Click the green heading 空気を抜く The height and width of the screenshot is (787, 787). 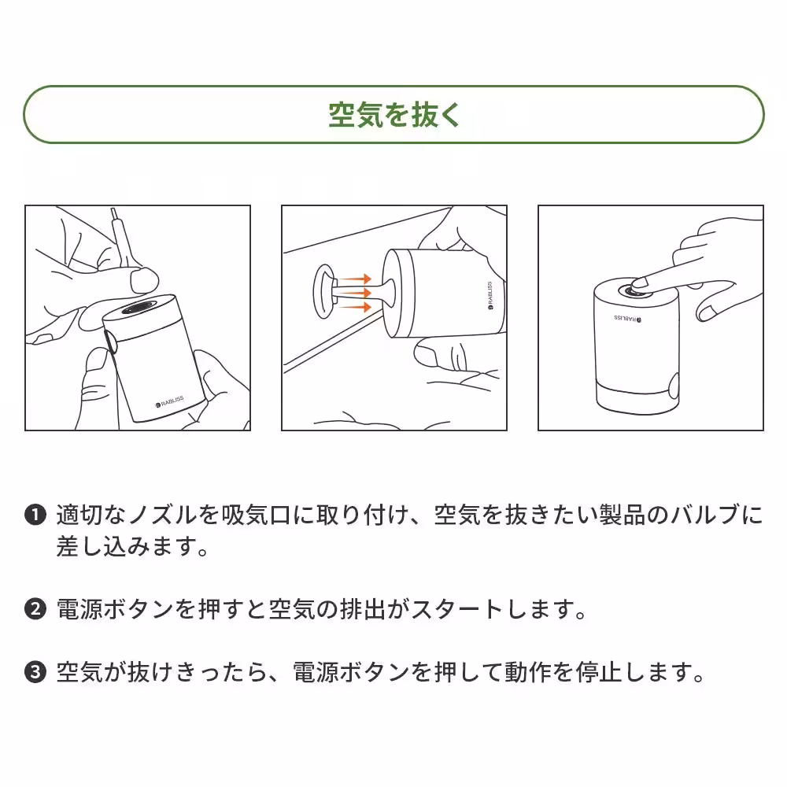(x=393, y=115)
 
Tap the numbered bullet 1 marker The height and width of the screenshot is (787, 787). (x=35, y=516)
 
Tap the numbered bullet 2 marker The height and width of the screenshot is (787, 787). (x=35, y=609)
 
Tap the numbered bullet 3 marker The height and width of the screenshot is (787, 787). (x=35, y=673)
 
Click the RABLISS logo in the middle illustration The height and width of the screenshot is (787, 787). (x=489, y=296)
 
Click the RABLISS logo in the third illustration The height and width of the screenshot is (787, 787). (x=628, y=319)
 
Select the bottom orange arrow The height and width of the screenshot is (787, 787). (x=356, y=305)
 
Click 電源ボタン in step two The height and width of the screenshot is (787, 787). (x=115, y=609)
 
